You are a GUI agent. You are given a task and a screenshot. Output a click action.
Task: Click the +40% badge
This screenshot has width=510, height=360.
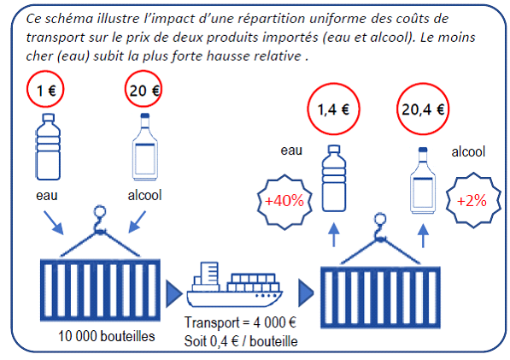click(284, 202)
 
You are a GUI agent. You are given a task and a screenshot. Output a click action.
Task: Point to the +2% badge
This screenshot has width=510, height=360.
click(472, 200)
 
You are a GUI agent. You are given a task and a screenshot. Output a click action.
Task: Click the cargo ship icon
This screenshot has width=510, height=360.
click(235, 285)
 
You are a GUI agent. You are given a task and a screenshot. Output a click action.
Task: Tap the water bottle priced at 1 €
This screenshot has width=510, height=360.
click(48, 146)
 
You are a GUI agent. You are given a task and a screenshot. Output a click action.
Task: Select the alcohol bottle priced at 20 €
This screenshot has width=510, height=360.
click(145, 146)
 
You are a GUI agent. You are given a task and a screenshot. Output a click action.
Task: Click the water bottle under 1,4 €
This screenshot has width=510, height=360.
click(334, 179)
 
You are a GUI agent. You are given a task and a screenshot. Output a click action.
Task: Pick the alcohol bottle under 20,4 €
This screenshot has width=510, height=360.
click(423, 180)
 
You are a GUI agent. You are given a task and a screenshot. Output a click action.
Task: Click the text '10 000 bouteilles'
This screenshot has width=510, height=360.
click(107, 336)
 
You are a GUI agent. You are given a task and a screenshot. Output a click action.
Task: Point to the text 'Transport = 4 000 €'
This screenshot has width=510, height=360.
click(240, 322)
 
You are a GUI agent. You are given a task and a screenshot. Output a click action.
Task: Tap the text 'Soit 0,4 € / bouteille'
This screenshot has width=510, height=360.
click(241, 341)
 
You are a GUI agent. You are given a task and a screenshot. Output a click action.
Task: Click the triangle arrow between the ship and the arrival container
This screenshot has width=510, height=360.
click(306, 292)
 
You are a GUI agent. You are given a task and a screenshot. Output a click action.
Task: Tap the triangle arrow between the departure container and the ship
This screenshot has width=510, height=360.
click(174, 293)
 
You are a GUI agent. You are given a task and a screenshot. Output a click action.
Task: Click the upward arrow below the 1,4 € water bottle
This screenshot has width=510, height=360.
click(334, 234)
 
